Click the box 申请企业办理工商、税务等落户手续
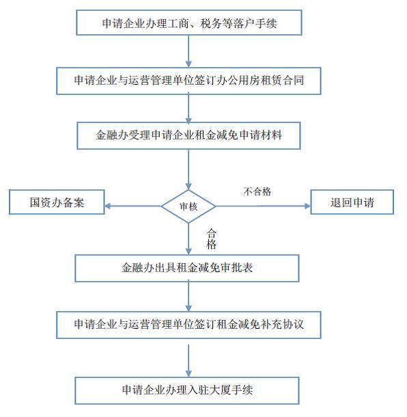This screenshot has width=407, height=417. coord(189,23)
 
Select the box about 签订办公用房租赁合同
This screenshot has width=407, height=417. coord(188,81)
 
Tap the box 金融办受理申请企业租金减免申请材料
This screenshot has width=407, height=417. coord(188,135)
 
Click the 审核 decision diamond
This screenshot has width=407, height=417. coord(188,206)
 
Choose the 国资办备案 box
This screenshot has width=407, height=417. coord(57,202)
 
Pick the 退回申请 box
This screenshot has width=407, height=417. coord(352,202)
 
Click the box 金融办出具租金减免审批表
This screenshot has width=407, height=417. coord(187,268)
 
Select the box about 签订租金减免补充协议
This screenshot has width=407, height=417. coord(188,325)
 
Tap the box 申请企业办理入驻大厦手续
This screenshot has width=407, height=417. coord(187,390)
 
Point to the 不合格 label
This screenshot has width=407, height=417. coord(257,191)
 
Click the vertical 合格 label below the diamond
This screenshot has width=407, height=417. coord(211,239)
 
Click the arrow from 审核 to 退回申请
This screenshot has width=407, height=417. coord(263,206)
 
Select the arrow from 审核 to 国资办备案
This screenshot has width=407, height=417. coord(133,206)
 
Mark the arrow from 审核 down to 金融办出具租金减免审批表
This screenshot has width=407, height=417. coord(188,239)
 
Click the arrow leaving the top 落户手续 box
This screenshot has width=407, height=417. coord(188,51)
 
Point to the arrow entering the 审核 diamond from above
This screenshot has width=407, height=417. coord(188,170)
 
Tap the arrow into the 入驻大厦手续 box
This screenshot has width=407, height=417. coord(188,361)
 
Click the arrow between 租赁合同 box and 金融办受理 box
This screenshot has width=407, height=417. coord(188,108)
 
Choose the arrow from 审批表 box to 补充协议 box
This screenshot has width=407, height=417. coord(188,297)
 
